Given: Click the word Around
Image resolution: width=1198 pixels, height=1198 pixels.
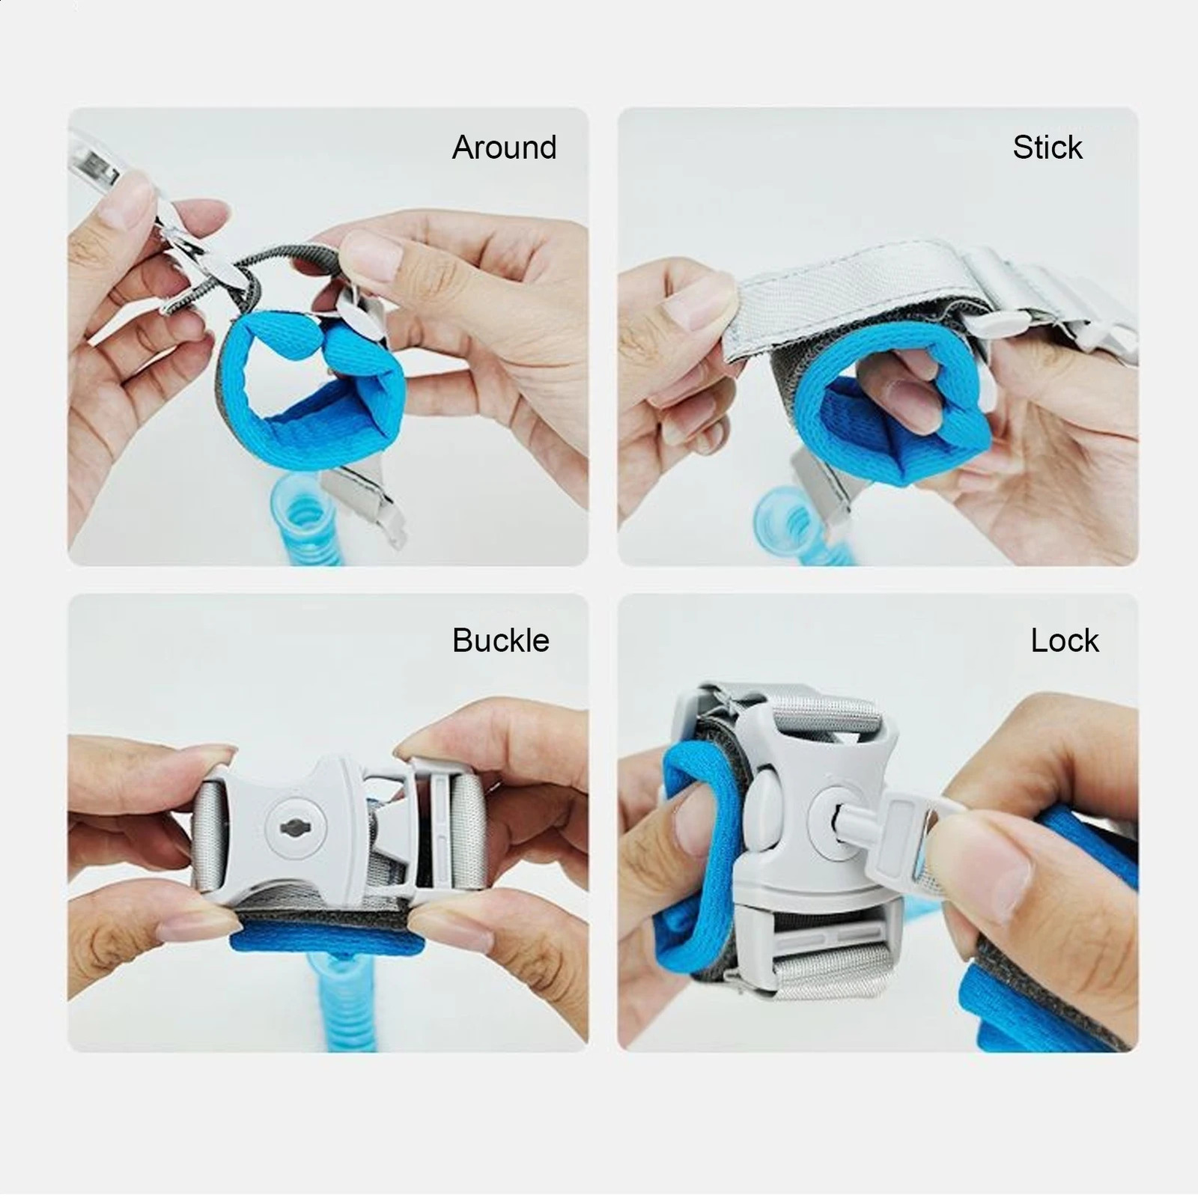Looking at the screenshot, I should coord(504,148).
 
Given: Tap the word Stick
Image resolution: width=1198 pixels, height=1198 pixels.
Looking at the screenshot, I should coord(1047,148).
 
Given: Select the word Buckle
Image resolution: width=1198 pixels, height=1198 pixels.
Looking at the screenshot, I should coord(500,640).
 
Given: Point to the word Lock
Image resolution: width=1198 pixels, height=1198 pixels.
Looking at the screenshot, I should coord(1064,640).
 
